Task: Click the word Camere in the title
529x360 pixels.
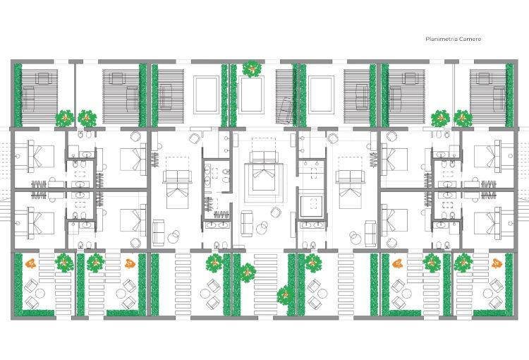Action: coord(470,39)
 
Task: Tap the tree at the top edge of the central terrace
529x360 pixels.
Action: coord(252,68)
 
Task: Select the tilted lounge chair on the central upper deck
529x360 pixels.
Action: coord(284,111)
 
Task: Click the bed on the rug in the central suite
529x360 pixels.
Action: coord(264,171)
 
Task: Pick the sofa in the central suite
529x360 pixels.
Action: coord(247,223)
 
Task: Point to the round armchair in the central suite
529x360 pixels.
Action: coord(276,212)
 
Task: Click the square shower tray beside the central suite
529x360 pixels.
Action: coord(311,206)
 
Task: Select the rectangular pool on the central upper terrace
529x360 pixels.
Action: coord(251,95)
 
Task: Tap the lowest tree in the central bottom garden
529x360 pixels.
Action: coord(286,295)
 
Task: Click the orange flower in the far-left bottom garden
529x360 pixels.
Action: coord(31,263)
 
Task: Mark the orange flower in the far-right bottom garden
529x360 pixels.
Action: coord(497,263)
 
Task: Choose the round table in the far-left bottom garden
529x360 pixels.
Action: coord(40,293)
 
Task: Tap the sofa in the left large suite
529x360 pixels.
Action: coord(159,233)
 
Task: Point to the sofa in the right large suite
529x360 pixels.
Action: coord(370,234)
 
